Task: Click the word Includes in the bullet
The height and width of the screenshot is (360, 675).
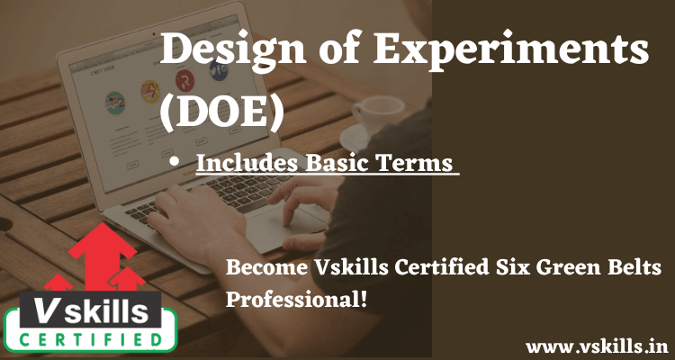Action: point(248,163)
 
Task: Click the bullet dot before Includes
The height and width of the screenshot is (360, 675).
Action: point(175,162)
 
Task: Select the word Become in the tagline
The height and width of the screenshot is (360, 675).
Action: point(264,267)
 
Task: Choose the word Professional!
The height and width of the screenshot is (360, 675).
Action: point(297,300)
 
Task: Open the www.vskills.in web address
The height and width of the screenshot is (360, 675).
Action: point(597,346)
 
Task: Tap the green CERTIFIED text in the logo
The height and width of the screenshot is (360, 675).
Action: point(90,339)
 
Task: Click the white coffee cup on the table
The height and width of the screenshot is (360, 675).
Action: point(378,115)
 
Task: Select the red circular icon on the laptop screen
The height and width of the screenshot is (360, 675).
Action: point(184,81)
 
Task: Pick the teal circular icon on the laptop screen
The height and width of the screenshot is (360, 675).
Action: point(115,103)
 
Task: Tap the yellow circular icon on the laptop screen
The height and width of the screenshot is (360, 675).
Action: point(150,91)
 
